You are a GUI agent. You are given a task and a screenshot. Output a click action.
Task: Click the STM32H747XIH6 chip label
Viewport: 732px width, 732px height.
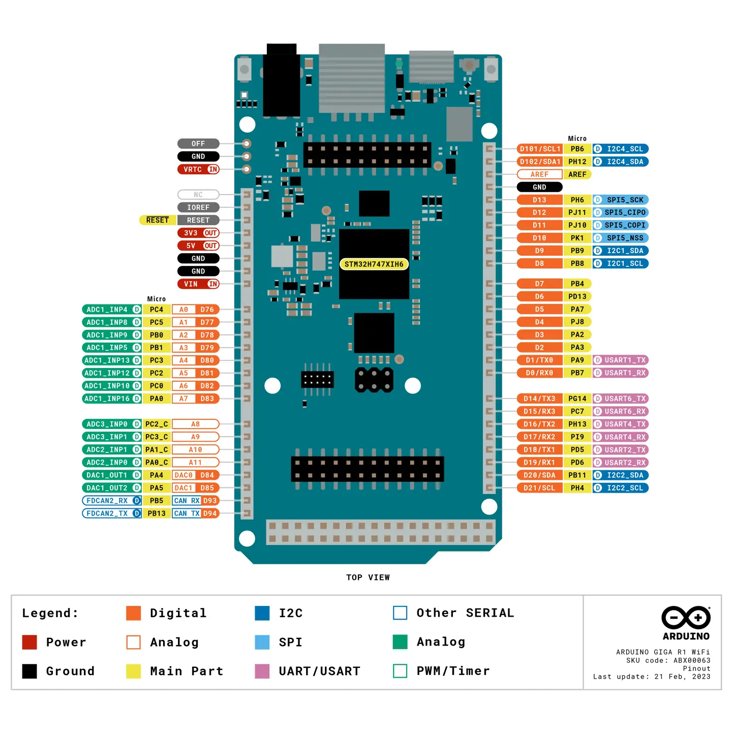point(374,264)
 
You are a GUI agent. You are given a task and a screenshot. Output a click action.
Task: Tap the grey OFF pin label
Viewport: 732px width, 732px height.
point(198,144)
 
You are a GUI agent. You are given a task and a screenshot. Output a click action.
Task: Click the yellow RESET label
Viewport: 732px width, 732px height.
point(157,220)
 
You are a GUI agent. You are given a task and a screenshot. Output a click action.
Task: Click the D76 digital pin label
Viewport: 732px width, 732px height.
point(207,310)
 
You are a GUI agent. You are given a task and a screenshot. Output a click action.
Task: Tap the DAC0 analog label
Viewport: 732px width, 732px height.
point(184,475)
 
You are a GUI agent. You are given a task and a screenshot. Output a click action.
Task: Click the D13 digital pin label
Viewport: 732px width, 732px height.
point(539,200)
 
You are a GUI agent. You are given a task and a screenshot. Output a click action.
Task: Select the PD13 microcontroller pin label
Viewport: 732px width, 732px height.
point(577,296)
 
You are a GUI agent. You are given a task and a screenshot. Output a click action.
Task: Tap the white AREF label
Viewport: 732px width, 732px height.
point(539,174)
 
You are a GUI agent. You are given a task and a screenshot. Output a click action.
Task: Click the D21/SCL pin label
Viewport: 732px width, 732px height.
point(539,488)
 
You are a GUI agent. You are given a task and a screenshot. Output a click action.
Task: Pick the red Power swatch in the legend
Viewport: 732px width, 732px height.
point(29,642)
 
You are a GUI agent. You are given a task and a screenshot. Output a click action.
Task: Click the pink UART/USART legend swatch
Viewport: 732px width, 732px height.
point(262,671)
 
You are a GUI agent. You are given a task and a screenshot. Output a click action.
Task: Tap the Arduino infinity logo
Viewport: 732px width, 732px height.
point(686,618)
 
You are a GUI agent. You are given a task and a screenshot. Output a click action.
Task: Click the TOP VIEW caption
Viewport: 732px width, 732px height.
point(368,577)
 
